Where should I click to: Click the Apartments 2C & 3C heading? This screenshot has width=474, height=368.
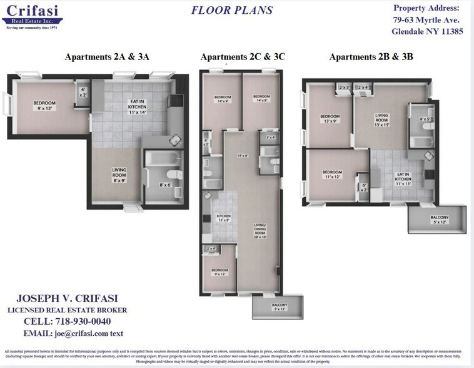pos(243,57)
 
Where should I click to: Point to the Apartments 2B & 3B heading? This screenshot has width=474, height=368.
pos(371,57)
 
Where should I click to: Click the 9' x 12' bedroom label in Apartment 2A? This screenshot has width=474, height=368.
pos(44,106)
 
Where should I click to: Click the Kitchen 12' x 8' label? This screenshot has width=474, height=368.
pos(223,217)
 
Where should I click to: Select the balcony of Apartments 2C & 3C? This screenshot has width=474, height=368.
pos(279,307)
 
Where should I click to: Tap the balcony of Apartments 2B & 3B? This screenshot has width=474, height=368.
pos(439,219)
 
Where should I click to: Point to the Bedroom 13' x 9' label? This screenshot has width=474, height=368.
pos(330,119)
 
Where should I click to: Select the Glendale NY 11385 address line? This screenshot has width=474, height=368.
pos(428,32)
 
